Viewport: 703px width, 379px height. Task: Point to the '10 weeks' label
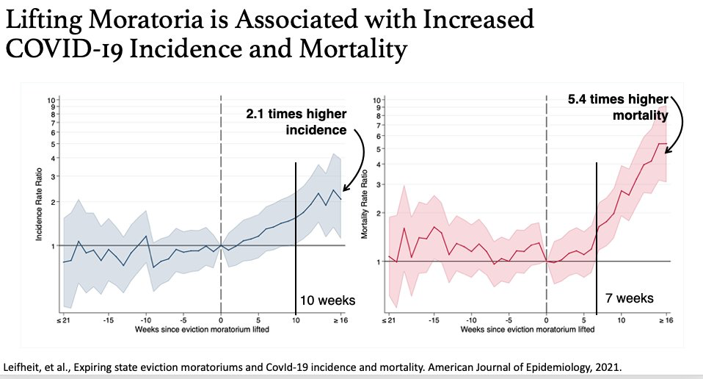327,300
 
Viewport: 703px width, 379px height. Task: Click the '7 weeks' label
629,298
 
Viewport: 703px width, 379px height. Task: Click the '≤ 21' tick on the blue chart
63,320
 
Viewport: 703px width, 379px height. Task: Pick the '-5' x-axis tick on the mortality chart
509,320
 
